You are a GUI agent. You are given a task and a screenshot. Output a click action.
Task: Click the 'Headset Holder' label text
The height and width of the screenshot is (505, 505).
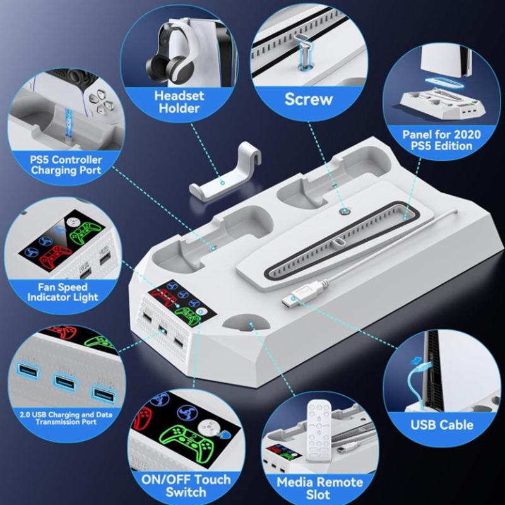[179, 102]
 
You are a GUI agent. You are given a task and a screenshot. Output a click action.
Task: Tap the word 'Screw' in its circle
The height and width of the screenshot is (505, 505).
[309, 99]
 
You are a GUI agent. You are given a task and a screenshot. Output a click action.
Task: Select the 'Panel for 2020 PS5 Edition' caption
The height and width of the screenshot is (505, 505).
[441, 140]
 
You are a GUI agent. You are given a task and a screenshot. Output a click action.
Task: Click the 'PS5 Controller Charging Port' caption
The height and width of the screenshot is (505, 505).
[66, 165]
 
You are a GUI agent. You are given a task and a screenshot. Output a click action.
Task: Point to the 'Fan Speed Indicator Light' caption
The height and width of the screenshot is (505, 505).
[62, 292]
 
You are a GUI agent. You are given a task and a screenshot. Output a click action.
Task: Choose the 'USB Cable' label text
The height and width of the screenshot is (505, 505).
[442, 425]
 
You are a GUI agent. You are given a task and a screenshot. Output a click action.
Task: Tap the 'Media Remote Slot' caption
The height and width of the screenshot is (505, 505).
[319, 488]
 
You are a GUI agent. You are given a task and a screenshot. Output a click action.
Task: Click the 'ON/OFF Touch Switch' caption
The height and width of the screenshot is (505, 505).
[186, 485]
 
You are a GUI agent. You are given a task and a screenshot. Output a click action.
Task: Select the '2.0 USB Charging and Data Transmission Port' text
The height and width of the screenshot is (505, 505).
[66, 418]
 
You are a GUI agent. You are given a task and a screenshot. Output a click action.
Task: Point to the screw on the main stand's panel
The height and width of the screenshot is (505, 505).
[344, 211]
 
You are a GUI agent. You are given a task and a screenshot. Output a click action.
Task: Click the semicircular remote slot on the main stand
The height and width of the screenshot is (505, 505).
[247, 323]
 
